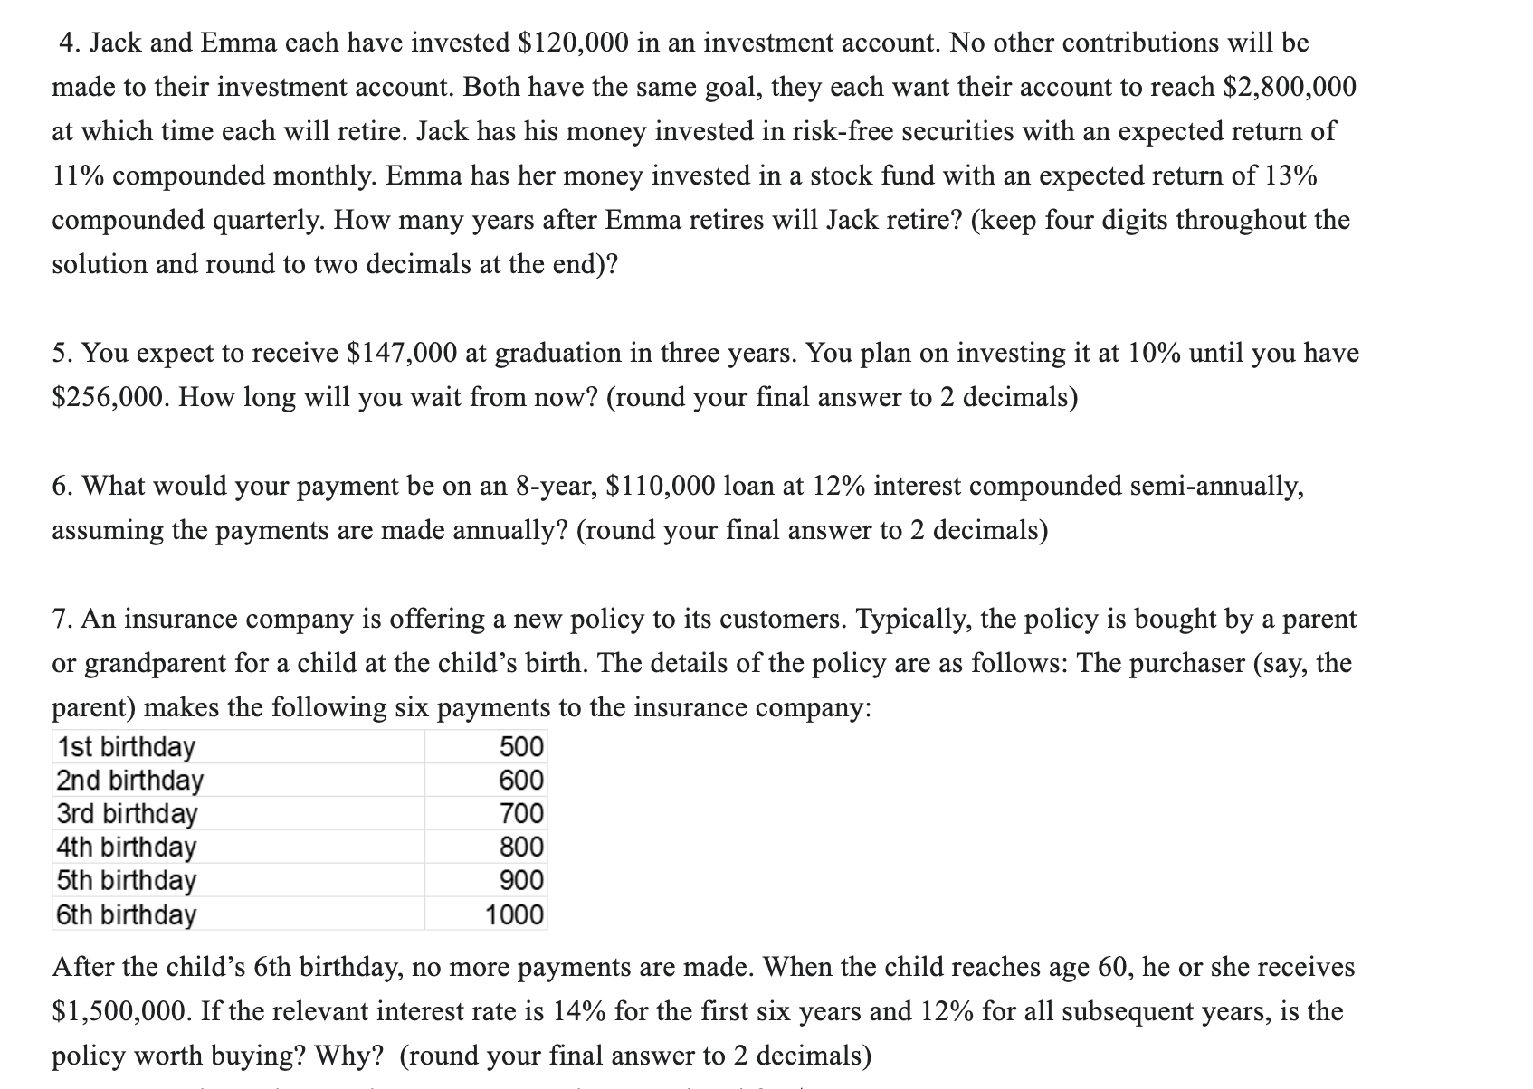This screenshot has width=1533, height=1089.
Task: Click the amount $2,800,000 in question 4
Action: click(1290, 87)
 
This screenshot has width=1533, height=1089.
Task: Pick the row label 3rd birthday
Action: click(127, 813)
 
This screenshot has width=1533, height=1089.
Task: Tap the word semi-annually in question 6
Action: click(1217, 486)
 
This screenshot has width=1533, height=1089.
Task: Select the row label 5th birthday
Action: click(127, 880)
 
